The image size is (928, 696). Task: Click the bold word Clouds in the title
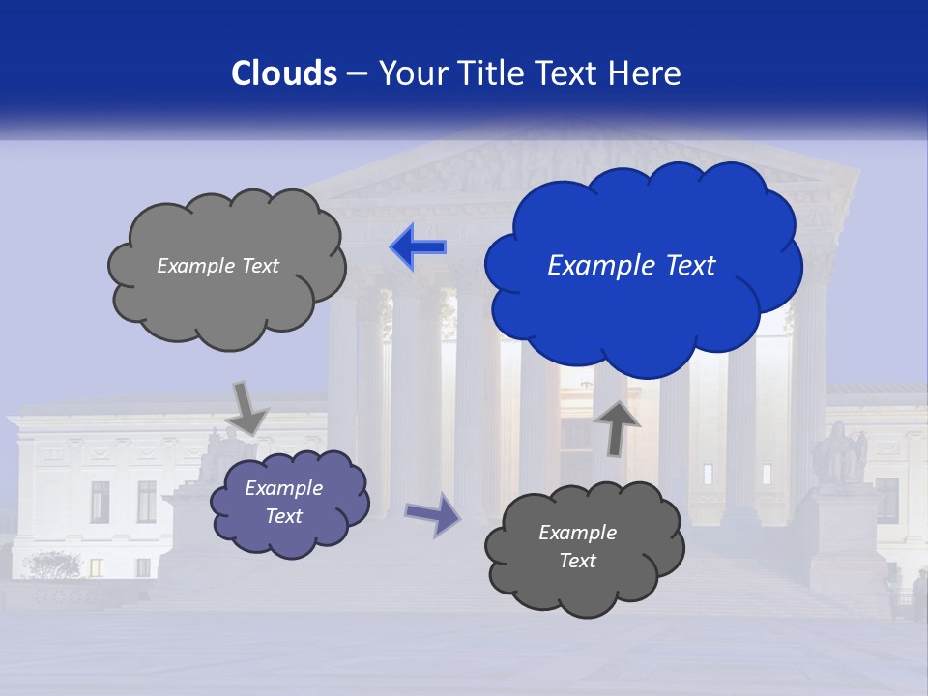click(x=284, y=73)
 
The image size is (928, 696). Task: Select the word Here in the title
click(x=646, y=73)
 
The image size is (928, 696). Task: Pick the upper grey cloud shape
click(x=226, y=304)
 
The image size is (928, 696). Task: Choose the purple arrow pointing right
click(x=433, y=514)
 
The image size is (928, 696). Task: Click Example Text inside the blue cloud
click(x=631, y=266)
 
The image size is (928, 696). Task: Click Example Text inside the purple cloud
click(x=283, y=502)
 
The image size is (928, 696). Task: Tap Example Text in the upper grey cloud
click(x=217, y=266)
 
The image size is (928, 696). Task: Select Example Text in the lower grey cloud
click(x=577, y=546)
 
